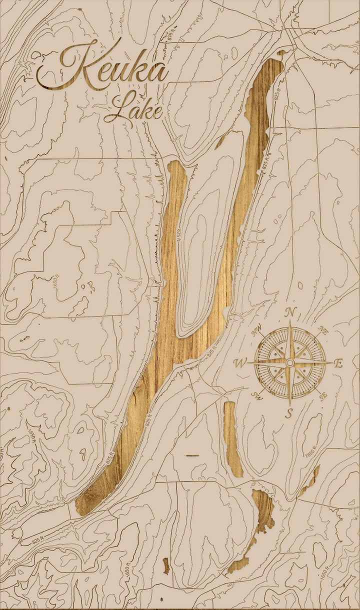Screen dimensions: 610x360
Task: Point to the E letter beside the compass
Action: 338,363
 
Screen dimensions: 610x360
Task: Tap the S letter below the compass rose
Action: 289,413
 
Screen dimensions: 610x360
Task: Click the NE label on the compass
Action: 323,330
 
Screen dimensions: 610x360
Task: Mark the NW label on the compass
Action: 258,330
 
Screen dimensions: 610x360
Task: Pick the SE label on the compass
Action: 323,395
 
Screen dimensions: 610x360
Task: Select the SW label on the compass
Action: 257,396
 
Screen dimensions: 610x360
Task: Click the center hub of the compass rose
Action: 290,363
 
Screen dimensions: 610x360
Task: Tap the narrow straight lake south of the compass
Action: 232,437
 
